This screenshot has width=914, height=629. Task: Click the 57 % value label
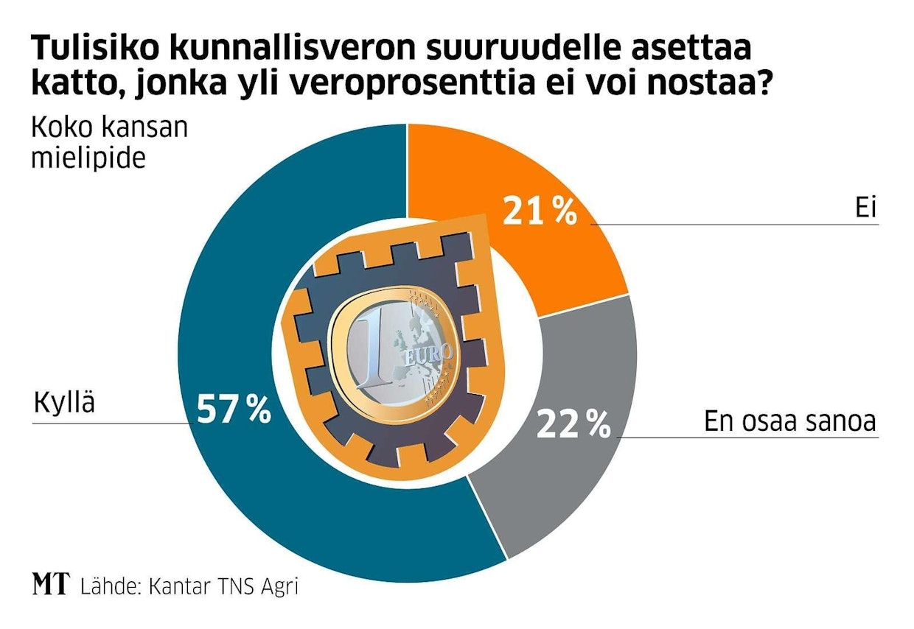(x=234, y=411)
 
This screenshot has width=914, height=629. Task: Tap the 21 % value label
(x=539, y=211)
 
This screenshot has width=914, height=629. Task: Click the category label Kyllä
(x=65, y=404)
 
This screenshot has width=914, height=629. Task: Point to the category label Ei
(x=865, y=208)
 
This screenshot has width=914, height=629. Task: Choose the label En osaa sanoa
(x=789, y=421)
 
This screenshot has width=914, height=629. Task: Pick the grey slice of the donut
(x=560, y=471)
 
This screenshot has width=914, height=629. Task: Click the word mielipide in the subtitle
(x=88, y=158)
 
